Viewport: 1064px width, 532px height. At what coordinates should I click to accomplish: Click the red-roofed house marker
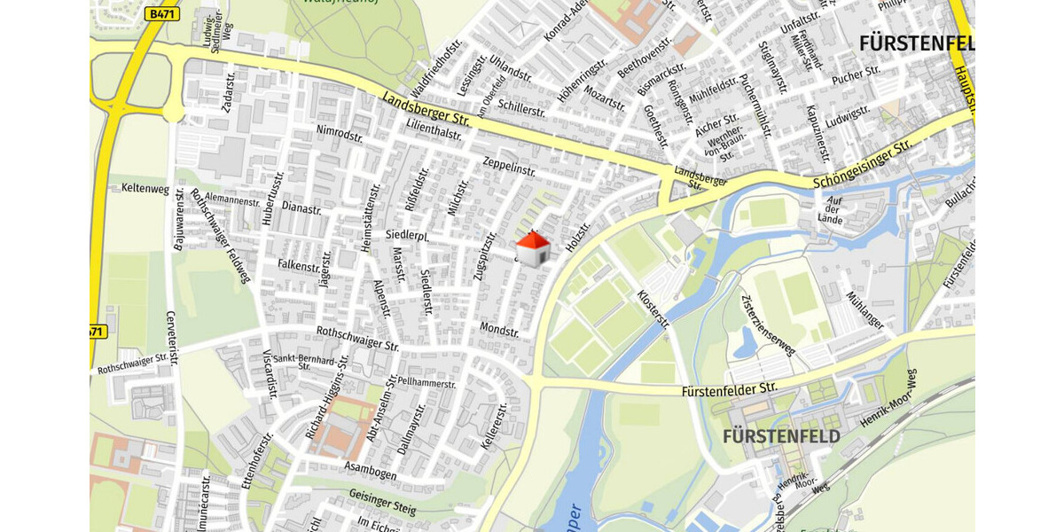click(532, 249)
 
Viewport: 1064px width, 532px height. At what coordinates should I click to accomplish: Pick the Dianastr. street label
click(301, 209)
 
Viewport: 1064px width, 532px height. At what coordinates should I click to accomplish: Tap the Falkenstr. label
click(298, 265)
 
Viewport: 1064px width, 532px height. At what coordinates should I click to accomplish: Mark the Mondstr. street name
click(498, 329)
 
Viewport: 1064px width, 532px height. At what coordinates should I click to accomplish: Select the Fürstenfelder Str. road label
click(729, 388)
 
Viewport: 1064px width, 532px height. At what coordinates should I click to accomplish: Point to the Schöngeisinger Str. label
click(862, 164)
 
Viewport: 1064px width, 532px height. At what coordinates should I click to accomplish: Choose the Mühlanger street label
click(865, 310)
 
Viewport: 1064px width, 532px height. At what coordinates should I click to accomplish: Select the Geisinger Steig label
click(382, 502)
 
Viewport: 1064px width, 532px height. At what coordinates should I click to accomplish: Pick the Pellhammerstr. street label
click(426, 383)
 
